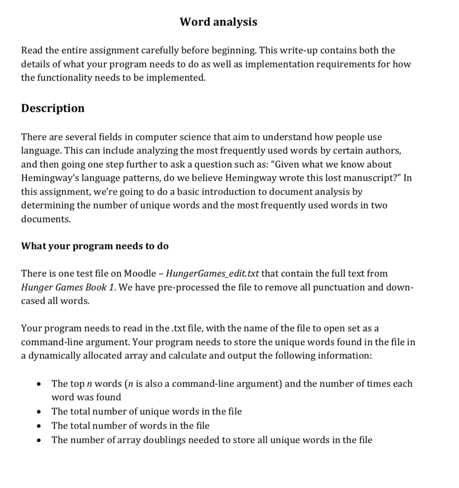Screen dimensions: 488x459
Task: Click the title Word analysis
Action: [x=219, y=22]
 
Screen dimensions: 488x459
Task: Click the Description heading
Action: [x=53, y=108]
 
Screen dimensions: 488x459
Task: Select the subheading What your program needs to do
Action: [x=95, y=246]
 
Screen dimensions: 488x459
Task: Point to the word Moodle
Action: [x=140, y=274]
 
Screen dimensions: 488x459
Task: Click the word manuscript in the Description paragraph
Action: [x=369, y=178]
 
